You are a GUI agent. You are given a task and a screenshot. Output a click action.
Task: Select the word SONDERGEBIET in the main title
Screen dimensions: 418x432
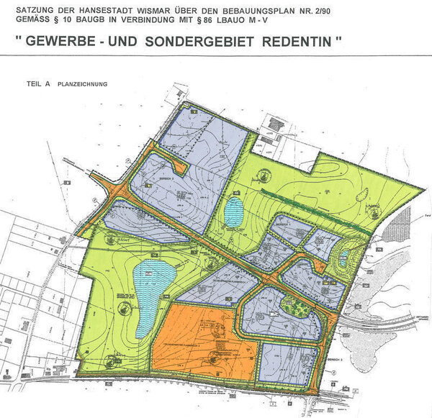(x=204, y=42)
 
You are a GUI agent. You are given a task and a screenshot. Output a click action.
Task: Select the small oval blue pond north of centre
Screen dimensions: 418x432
(x=234, y=212)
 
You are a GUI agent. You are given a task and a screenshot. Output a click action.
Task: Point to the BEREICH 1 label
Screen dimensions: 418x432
(x=282, y=224)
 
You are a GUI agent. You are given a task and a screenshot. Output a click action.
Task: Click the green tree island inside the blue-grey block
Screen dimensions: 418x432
(x=295, y=306)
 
